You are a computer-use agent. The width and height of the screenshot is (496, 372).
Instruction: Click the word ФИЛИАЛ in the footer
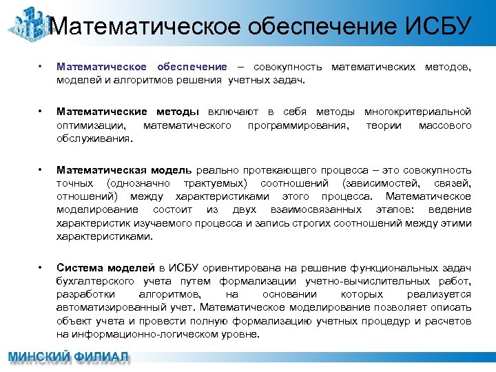pos(101,358)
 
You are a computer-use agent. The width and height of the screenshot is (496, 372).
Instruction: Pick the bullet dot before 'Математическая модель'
pos(41,169)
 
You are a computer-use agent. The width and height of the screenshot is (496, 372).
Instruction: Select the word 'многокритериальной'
pos(417,112)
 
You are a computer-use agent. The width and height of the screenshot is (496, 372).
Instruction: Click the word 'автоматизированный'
pos(110,307)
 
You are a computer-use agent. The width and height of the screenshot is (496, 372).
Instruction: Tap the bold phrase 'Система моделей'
pos(105,268)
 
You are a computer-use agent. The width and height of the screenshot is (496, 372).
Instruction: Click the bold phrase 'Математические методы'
pos(127,112)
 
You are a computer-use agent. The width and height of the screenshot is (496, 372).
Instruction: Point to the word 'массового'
pos(445,125)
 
